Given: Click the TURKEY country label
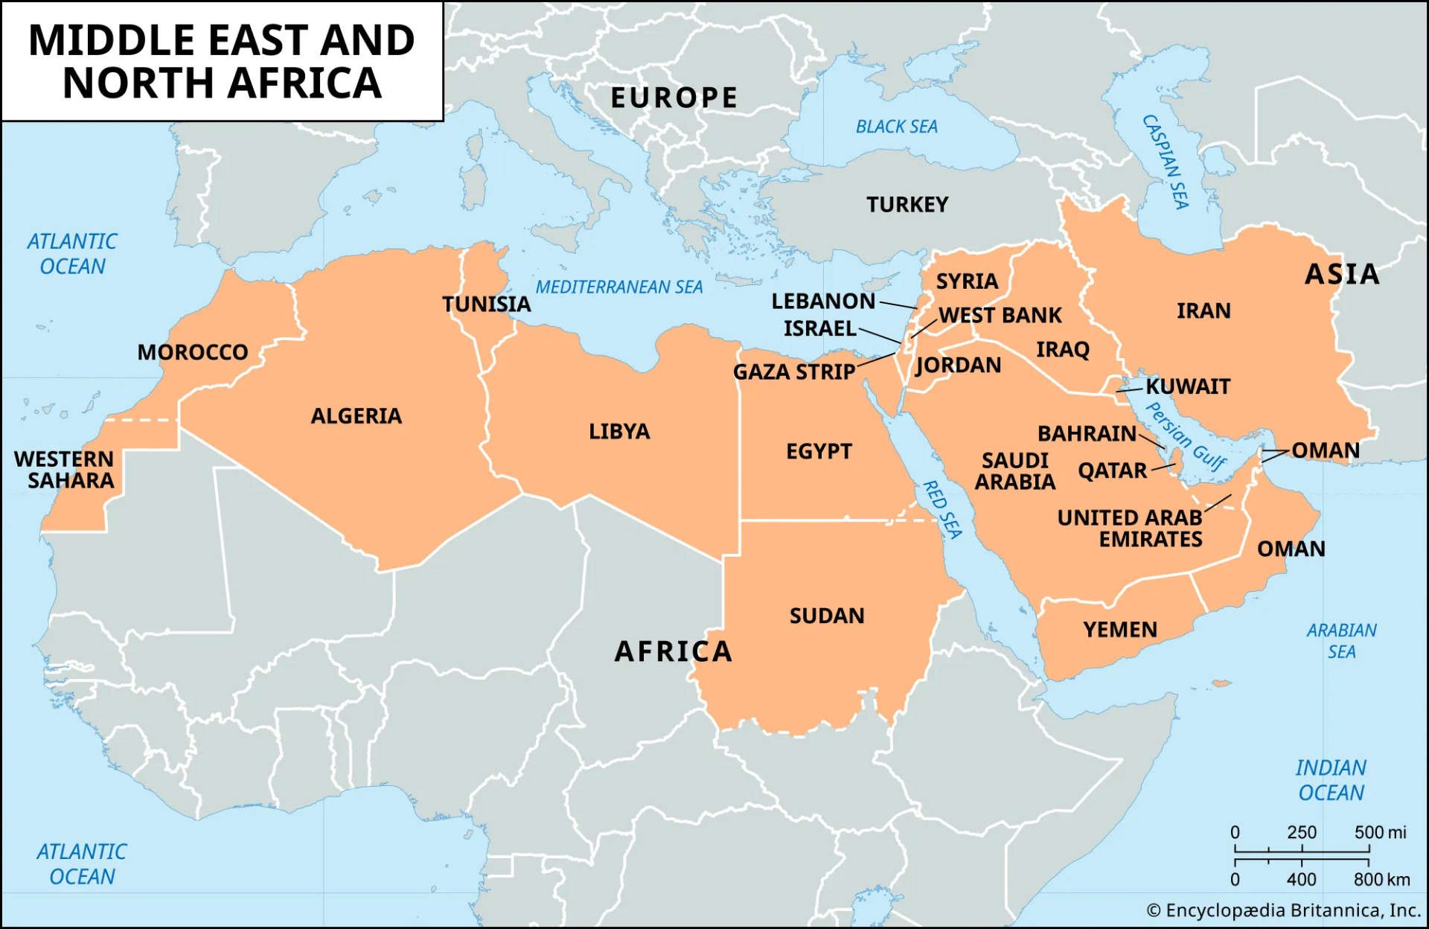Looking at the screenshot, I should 907,205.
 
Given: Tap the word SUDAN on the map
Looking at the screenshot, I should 826,616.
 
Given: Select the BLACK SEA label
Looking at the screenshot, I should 896,127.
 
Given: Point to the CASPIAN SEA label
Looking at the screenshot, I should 1166,162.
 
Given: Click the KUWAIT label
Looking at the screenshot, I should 1187,386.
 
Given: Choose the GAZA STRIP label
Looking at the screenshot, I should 793,371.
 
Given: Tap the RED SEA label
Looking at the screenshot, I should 942,509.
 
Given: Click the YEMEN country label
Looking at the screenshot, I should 1119,630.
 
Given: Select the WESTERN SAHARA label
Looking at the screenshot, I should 64,470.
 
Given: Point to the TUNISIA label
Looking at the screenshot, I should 486,304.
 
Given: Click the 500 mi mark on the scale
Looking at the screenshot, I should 1380,832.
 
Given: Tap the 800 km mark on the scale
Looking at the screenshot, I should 1381,880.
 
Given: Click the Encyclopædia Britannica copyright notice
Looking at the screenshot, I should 1283,910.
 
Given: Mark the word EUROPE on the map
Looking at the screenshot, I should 674,98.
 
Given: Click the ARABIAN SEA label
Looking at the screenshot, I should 1341,641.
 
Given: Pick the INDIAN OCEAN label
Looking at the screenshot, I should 1331,780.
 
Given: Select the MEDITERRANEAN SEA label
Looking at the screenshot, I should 618,287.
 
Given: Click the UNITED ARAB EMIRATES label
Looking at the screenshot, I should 1130,529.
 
